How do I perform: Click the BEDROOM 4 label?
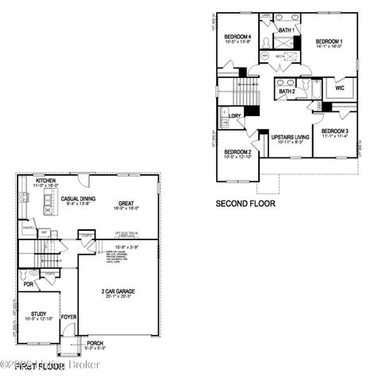(237, 37)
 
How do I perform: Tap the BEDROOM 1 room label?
(329, 41)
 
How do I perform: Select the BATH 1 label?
(287, 30)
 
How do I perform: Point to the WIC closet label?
(340, 88)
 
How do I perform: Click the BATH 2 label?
(287, 92)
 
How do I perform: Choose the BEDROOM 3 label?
(335, 131)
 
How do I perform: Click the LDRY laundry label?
(234, 116)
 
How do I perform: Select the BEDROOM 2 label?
(237, 151)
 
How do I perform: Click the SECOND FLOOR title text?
(246, 204)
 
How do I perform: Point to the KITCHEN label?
(45, 181)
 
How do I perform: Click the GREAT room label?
(126, 202)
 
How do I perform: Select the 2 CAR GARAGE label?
(110, 291)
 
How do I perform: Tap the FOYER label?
(69, 317)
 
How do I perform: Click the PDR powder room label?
(28, 283)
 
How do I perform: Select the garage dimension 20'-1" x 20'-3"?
(110, 298)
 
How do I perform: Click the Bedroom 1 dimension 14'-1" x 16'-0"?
(329, 47)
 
